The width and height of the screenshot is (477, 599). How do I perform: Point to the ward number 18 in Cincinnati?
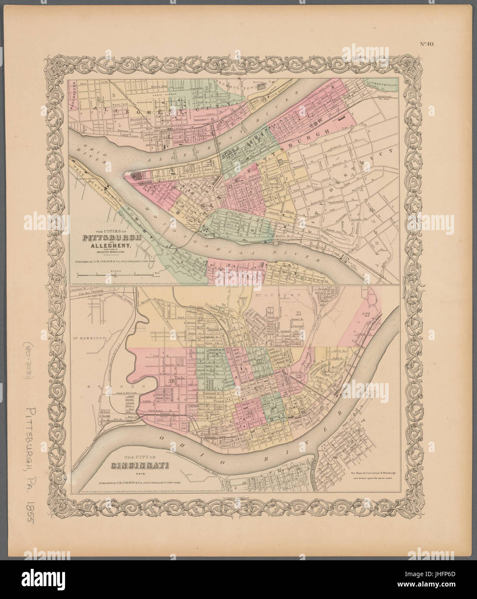click(x=173, y=380)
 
